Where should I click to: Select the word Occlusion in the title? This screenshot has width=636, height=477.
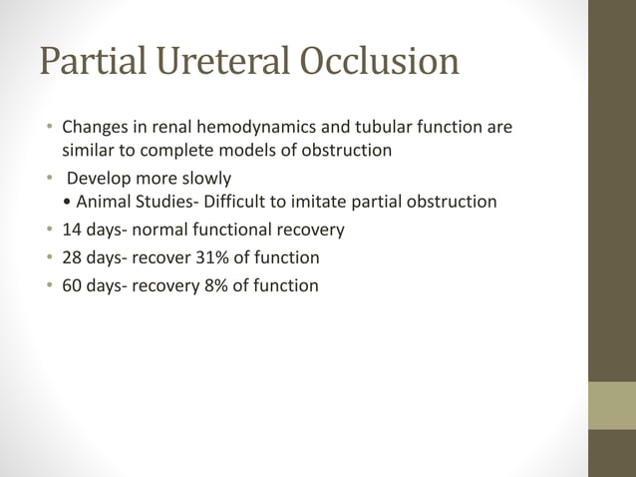pyautogui.click(x=378, y=62)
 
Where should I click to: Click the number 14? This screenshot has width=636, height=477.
pyautogui.click(x=72, y=230)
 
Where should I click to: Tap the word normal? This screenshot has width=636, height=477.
pyautogui.click(x=166, y=230)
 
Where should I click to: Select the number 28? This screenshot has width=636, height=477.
pyautogui.click(x=72, y=257)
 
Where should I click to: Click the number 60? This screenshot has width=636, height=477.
pyautogui.click(x=72, y=286)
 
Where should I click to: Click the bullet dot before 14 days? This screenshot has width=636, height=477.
pyautogui.click(x=48, y=230)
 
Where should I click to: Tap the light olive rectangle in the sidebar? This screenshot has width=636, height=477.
pyautogui.click(x=611, y=406)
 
